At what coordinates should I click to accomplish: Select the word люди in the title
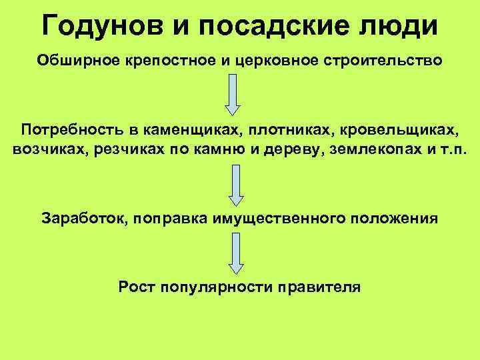(x=405, y=27)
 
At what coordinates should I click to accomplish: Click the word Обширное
(x=78, y=61)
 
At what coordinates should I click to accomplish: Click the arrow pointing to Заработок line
(x=235, y=185)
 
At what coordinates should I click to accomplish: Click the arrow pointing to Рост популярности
(x=235, y=253)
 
